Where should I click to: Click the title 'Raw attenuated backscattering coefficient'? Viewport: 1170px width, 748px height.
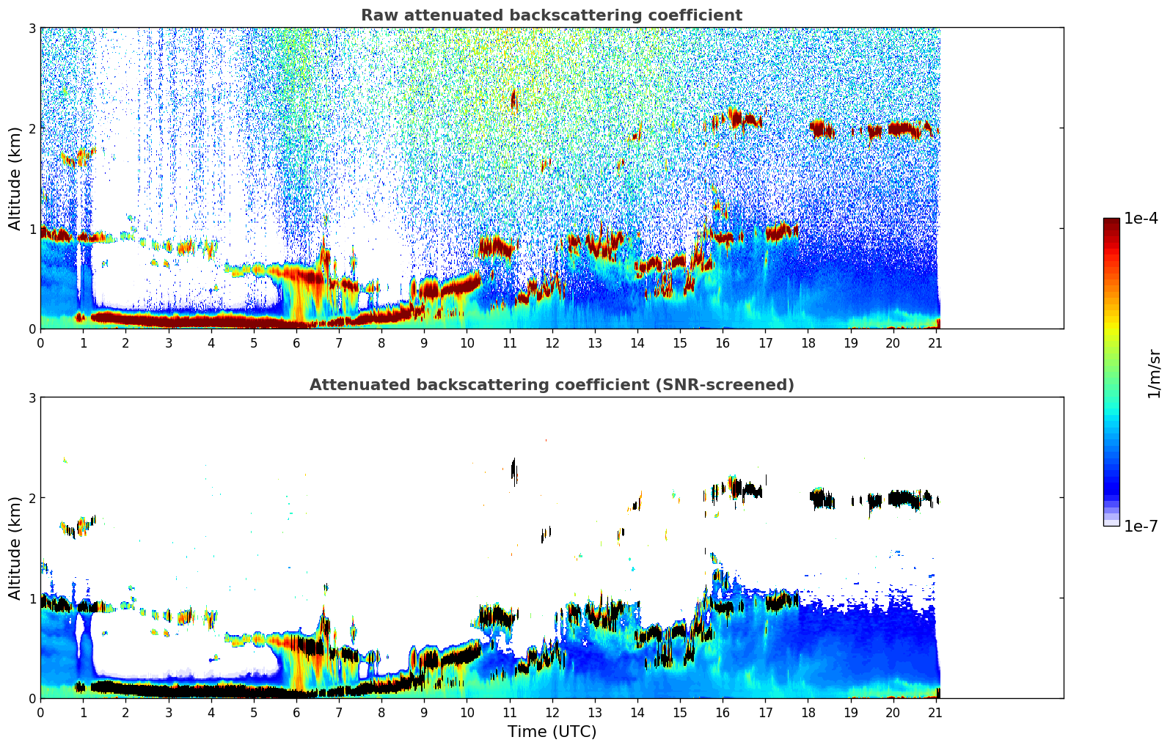[551, 15]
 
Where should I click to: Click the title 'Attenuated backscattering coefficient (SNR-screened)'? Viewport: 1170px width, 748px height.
[551, 385]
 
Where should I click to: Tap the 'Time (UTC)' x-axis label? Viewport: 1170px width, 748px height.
[552, 732]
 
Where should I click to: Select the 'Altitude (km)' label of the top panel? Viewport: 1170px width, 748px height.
[15, 178]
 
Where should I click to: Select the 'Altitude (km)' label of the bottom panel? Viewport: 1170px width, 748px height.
[15, 548]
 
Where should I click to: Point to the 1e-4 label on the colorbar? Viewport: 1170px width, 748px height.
[1141, 219]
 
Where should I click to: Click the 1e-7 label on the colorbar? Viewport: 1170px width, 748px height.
[1141, 526]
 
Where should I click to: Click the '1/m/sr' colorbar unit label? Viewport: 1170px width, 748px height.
[1154, 374]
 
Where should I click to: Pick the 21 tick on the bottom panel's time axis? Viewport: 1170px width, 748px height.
[935, 712]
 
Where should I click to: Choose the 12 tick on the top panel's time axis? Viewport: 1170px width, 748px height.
[552, 342]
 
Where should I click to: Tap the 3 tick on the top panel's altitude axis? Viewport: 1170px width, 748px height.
[32, 28]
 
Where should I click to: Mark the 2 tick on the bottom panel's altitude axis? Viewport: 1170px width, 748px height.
[32, 498]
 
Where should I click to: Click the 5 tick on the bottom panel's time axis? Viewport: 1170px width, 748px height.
[253, 712]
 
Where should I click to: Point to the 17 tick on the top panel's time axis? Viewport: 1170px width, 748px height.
[765, 342]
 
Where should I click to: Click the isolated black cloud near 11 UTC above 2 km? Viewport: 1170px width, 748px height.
[513, 469]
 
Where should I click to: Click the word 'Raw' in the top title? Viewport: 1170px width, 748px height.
[376, 15]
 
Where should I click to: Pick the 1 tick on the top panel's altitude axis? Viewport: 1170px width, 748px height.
[32, 229]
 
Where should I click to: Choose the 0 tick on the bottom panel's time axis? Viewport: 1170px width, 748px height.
[40, 712]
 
